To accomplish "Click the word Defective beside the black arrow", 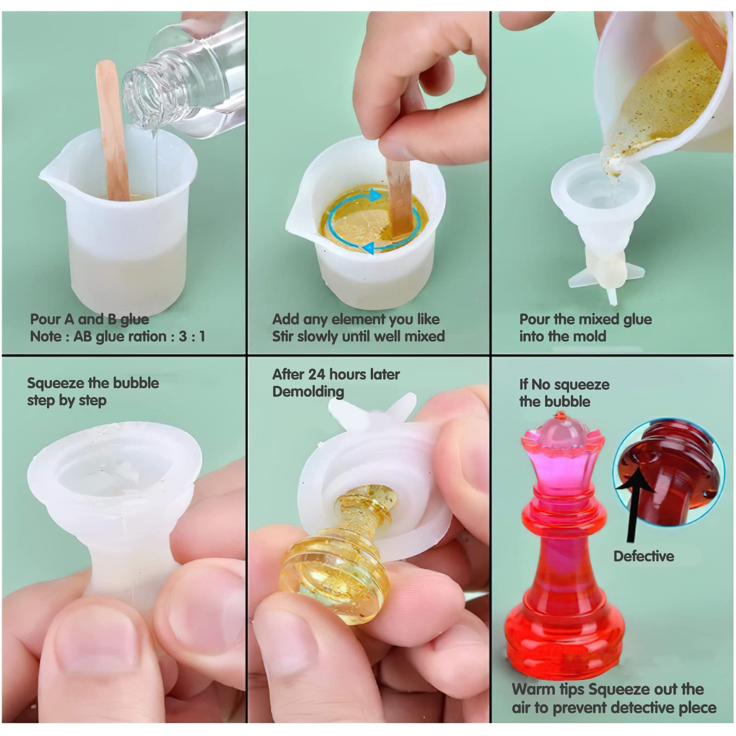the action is (644, 556).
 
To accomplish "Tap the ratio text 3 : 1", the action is (192, 336).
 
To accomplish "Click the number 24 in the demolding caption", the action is (317, 374).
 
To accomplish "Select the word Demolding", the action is (308, 392).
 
